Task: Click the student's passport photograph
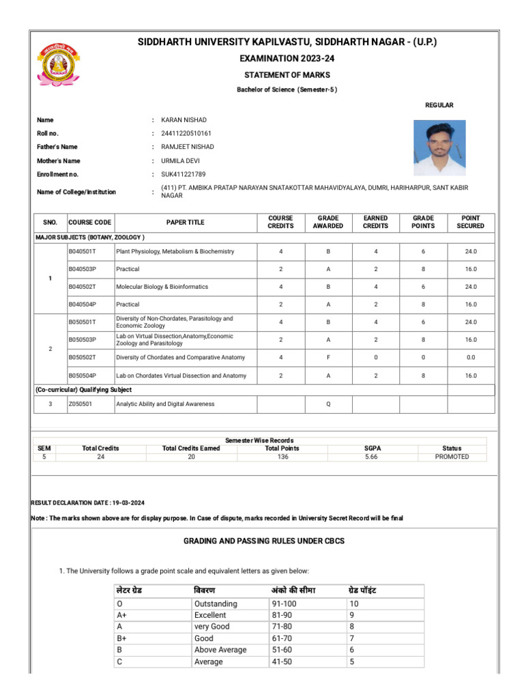(439, 148)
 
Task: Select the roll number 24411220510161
(186, 133)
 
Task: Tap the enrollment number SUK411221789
(184, 175)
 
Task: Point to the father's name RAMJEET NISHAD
(188, 147)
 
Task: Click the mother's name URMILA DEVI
(181, 161)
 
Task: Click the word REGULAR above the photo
(439, 105)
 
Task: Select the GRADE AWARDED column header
(328, 222)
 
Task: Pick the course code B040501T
(83, 251)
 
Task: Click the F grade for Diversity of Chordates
(328, 358)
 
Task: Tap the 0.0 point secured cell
(471, 358)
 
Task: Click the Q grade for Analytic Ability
(328, 404)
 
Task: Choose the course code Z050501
(80, 404)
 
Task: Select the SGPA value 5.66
(373, 457)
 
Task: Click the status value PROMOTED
(452, 457)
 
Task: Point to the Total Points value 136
(282, 457)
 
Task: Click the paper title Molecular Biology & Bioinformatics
(162, 287)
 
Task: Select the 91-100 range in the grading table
(285, 603)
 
